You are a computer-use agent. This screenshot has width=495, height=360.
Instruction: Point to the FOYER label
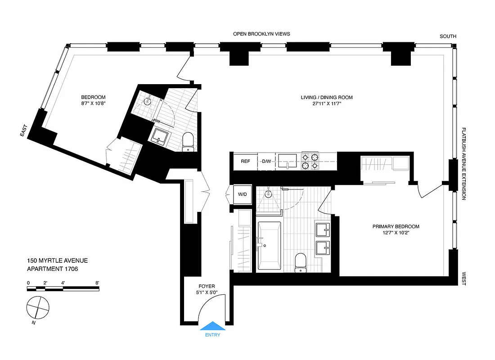pyautogui.click(x=207, y=287)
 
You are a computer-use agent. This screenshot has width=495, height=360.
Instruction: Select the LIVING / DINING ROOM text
pyautogui.click(x=327, y=98)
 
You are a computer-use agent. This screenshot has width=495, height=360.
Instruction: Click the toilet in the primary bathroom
pyautogui.click(x=301, y=262)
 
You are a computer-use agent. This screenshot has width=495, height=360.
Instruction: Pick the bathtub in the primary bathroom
pyautogui.click(x=269, y=246)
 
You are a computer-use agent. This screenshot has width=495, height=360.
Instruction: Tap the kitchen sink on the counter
pyautogui.click(x=288, y=161)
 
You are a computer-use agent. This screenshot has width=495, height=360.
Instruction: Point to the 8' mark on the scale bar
pyautogui.click(x=97, y=283)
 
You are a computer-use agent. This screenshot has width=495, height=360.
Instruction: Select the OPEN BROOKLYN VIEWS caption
pyautogui.click(x=261, y=34)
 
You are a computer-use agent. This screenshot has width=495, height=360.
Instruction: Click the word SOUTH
pyautogui.click(x=448, y=36)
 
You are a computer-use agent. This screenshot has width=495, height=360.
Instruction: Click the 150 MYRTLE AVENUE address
pyautogui.click(x=57, y=261)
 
